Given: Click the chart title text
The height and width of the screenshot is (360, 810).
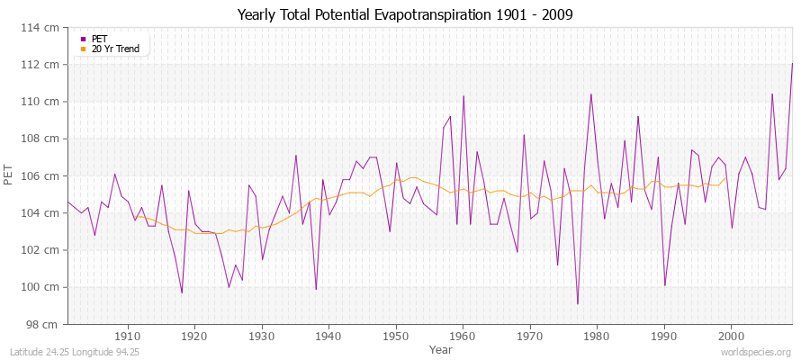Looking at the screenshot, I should (404, 14).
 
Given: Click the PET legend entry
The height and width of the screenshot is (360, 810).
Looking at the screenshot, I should (99, 39).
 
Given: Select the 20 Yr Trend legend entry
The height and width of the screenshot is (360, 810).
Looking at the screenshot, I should (115, 49).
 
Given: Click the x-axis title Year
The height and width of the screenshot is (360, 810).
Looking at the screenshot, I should (441, 348).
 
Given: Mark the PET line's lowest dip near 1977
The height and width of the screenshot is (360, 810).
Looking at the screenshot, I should (578, 304).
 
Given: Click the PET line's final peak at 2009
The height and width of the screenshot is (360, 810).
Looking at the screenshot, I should (792, 63).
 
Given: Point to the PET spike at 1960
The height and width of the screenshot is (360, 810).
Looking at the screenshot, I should (463, 95).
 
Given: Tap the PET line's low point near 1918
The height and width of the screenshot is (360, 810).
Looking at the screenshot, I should (182, 292).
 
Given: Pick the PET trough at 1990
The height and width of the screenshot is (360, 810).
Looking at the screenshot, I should (664, 285).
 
